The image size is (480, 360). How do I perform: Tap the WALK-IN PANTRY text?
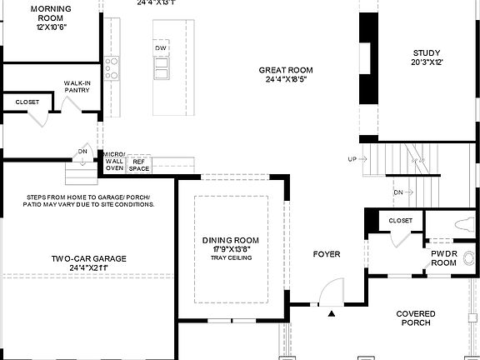tap(77, 87)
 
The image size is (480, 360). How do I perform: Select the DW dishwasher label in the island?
tap(161, 48)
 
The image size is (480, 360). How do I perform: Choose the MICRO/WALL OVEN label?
tap(114, 162)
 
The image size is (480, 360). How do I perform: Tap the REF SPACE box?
tap(138, 164)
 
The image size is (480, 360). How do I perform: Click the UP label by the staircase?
tap(352, 158)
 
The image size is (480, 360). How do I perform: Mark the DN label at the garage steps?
tap(82, 151)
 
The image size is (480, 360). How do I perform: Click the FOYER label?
tap(326, 253)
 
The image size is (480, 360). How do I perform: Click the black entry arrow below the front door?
tap(332, 314)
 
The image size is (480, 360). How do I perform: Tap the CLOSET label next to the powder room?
tap(401, 221)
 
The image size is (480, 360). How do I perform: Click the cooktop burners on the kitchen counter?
tap(112, 66)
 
